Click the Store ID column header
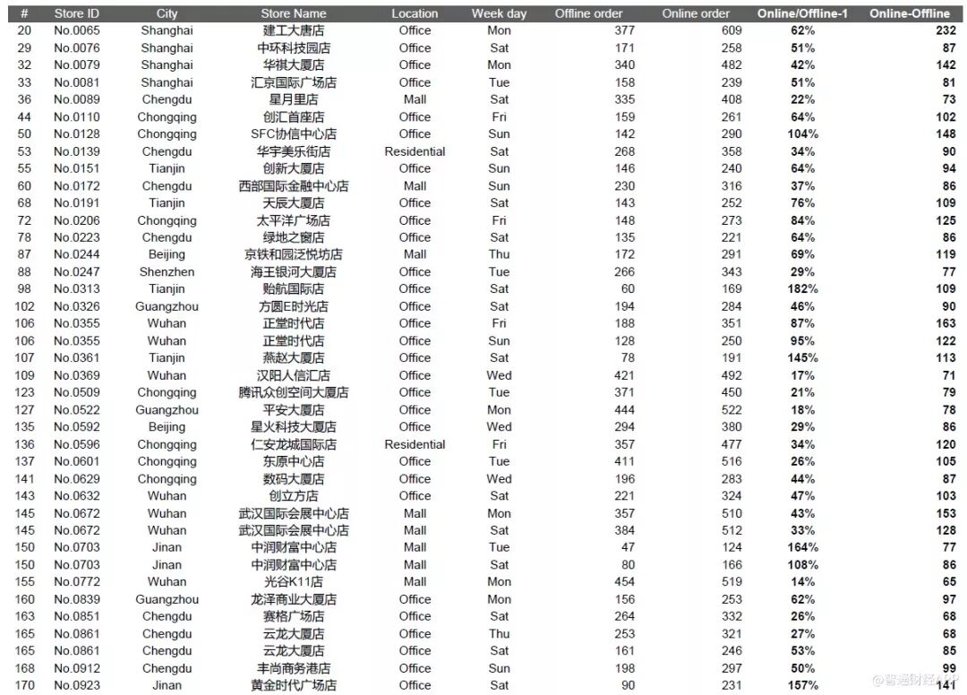(x=76, y=13)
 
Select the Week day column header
(x=499, y=13)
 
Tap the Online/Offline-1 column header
(x=802, y=13)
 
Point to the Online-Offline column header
(x=909, y=13)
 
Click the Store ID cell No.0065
(x=76, y=30)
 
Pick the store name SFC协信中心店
(x=294, y=134)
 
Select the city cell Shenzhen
(x=167, y=271)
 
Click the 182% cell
(x=802, y=289)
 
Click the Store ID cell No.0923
(x=76, y=685)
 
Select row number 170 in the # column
(x=24, y=685)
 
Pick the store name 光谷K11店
(x=294, y=582)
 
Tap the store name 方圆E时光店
(x=294, y=306)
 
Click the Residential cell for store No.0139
(x=415, y=151)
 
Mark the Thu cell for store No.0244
(x=499, y=254)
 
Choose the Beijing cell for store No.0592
(x=167, y=427)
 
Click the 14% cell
(x=802, y=582)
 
